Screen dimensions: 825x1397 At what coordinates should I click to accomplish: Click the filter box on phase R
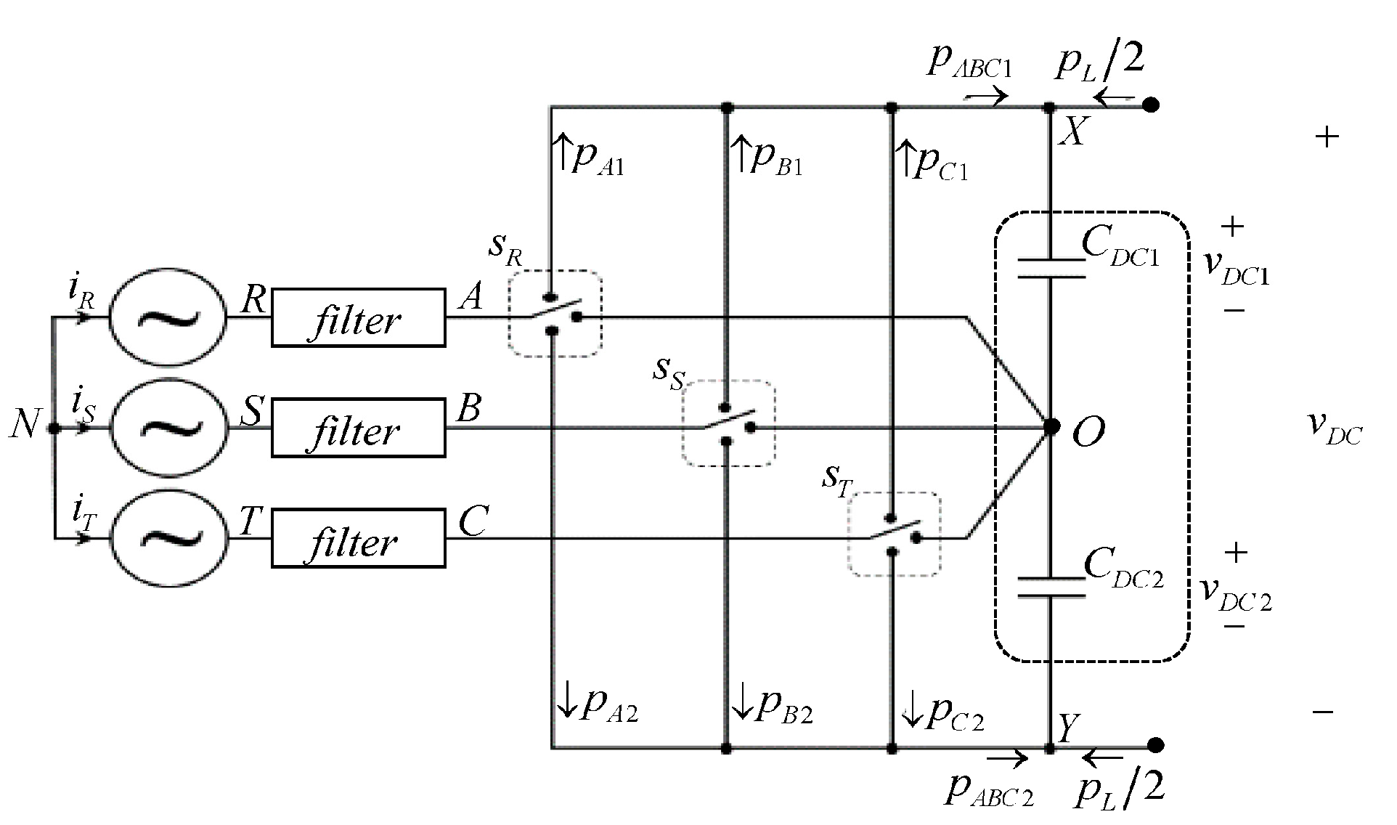point(358,318)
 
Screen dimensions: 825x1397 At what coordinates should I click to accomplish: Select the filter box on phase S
point(358,428)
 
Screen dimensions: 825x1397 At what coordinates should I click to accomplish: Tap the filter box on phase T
point(358,538)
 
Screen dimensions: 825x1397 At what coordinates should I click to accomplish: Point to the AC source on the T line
point(168,538)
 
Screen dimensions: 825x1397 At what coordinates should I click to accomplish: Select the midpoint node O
point(1051,427)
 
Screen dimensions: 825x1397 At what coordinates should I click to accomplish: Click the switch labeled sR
point(555,314)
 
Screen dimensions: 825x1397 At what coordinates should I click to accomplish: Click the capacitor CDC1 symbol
point(1051,268)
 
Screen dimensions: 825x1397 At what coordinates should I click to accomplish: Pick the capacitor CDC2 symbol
point(1051,588)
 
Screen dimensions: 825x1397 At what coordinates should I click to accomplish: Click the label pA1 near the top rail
point(597,158)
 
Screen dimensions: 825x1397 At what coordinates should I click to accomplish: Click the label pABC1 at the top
point(969,62)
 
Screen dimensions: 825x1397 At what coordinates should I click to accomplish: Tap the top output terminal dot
point(1151,105)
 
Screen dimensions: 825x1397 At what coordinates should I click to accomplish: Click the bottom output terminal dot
point(1156,745)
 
